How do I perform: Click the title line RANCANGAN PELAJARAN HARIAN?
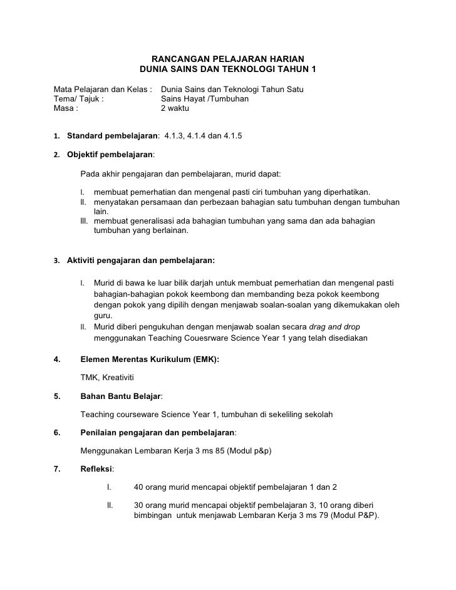[228, 58]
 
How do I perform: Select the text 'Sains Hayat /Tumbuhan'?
[205, 99]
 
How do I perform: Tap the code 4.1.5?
[231, 135]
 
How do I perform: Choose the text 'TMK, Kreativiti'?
[107, 378]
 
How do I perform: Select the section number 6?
[57, 432]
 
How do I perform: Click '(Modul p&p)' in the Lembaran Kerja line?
[249, 450]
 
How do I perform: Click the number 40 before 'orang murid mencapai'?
[139, 487]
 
